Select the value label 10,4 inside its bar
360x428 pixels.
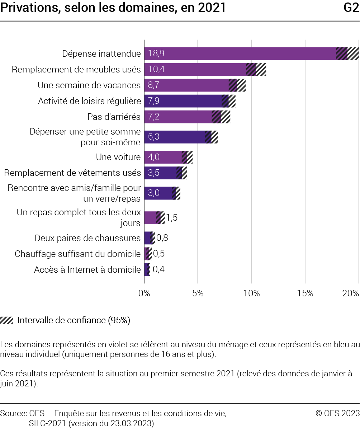pos(156,70)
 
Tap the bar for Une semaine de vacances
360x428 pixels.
pos(194,85)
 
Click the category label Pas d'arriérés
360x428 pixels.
pos(114,117)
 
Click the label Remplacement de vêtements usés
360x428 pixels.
pos(72,173)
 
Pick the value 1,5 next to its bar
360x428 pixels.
pos(172,218)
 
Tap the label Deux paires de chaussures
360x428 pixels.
pos(87,238)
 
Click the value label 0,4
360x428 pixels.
pos(159,269)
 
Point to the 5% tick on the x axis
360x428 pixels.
pos(198,293)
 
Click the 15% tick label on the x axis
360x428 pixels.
pos(305,293)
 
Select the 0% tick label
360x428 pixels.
pos(144,293)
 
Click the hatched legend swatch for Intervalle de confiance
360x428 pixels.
pos(7,320)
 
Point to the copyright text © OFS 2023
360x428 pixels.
pos(337,414)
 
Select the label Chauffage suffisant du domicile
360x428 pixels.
pos(77,254)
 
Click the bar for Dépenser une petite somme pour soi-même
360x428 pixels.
pos(179,137)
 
